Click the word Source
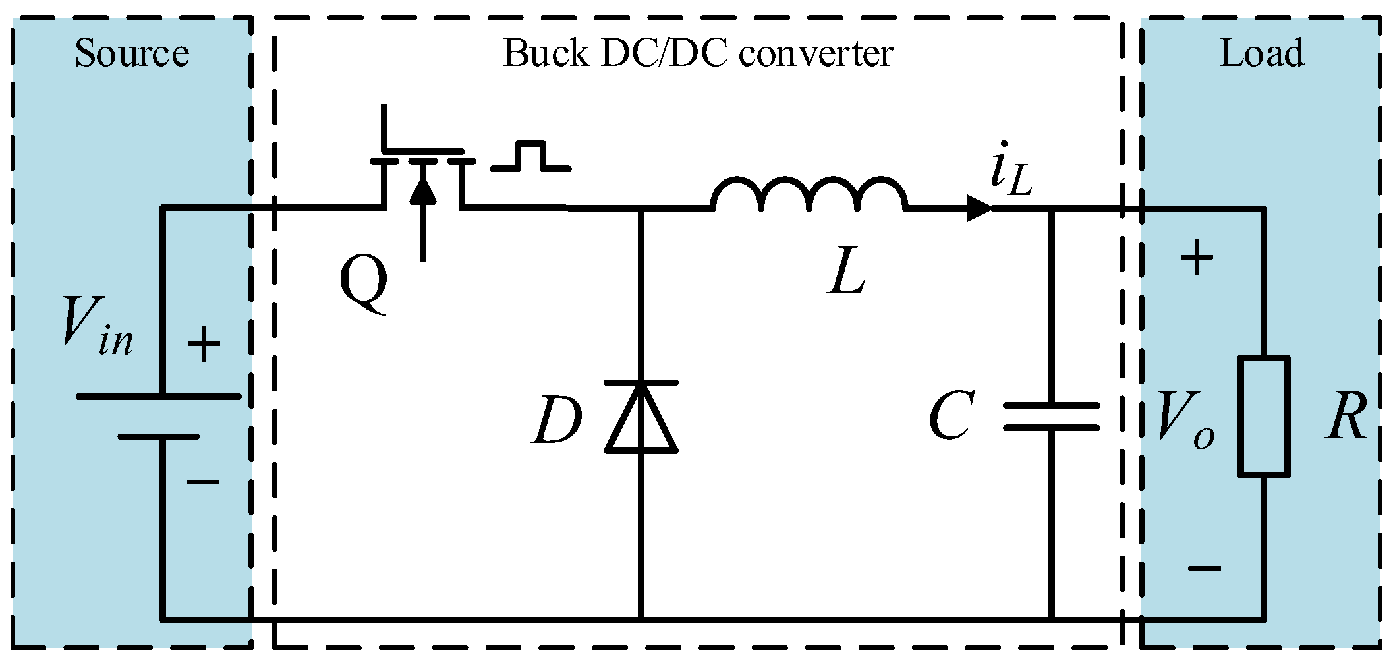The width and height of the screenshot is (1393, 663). point(132,53)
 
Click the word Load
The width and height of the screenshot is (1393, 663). point(1261,53)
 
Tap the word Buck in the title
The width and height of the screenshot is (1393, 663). point(546,53)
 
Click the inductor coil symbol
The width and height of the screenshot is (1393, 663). point(809,192)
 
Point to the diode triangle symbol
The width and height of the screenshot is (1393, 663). point(641,418)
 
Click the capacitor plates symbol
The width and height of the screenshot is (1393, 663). point(1051,417)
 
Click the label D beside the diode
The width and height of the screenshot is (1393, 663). point(557,420)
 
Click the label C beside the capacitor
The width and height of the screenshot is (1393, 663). point(952,415)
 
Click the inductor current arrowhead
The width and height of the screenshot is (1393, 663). point(979,208)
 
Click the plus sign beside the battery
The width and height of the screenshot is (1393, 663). point(204,344)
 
